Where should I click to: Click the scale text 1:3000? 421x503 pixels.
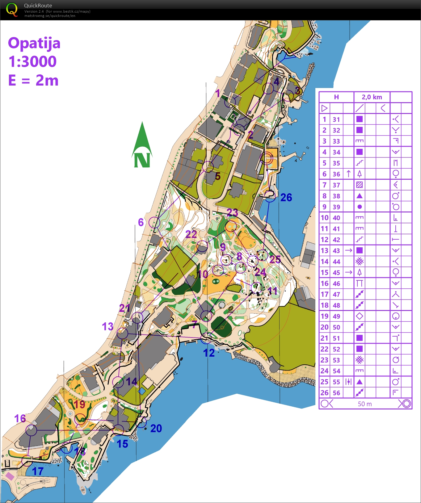(32, 62)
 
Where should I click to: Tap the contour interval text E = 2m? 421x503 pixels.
(33, 81)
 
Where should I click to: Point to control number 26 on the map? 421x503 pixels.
(286, 198)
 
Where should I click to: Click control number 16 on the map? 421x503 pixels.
(20, 418)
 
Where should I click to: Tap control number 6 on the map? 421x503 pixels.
(141, 222)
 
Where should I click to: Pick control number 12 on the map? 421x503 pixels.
(209, 353)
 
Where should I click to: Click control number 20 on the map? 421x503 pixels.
(156, 428)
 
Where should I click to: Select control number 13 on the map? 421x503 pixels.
(107, 326)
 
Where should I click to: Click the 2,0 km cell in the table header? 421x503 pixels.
(372, 97)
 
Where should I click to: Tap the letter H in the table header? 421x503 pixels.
(336, 97)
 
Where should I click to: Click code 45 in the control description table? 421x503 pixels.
(336, 273)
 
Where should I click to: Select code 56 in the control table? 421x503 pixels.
(336, 393)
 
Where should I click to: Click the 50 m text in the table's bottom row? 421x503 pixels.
(365, 404)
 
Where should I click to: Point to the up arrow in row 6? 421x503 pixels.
(348, 174)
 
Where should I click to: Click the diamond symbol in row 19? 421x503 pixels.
(360, 316)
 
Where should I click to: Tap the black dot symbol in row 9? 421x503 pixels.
(360, 207)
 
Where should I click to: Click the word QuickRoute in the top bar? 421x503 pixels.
(38, 6)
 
